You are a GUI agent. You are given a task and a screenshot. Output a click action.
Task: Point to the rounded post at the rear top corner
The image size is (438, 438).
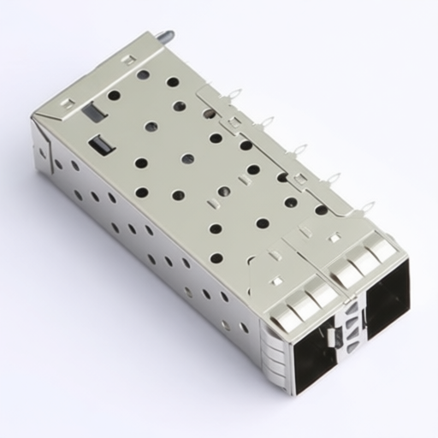pos(163,38)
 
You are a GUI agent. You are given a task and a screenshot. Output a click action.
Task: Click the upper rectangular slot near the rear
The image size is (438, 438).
pos(92,111)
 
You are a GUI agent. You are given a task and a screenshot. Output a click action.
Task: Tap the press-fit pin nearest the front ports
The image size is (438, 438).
pos(366,207)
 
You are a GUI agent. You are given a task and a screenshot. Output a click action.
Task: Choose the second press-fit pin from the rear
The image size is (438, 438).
pos(266,122)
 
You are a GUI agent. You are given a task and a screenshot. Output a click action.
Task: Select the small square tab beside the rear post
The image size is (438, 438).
pos(127,60)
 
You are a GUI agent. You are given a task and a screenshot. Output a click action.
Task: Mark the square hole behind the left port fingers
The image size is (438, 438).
pos(277,279)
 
